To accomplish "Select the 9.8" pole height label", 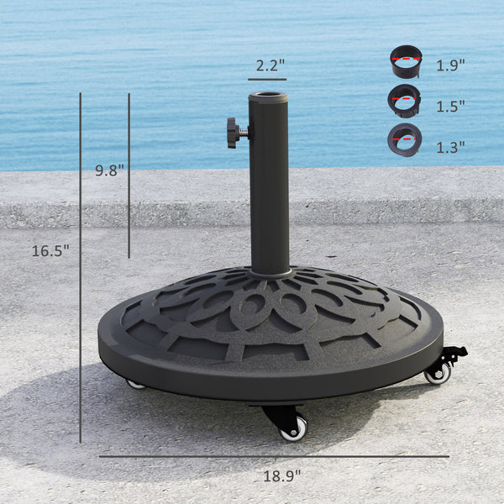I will [x=109, y=170].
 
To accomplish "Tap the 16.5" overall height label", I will [x=50, y=250].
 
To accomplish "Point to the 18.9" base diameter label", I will [x=281, y=475].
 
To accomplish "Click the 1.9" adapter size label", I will [x=450, y=65].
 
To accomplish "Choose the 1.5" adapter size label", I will [x=450, y=106].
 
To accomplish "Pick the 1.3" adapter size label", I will [x=450, y=147].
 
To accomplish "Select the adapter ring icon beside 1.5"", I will [x=404, y=102].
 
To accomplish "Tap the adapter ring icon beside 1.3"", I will [x=404, y=139].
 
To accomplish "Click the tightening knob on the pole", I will [x=234, y=132].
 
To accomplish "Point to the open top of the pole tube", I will [x=269, y=97].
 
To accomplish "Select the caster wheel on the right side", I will [x=438, y=373].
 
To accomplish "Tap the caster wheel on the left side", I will [x=135, y=384].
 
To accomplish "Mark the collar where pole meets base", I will [x=270, y=272].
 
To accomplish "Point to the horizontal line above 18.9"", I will [x=274, y=457].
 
